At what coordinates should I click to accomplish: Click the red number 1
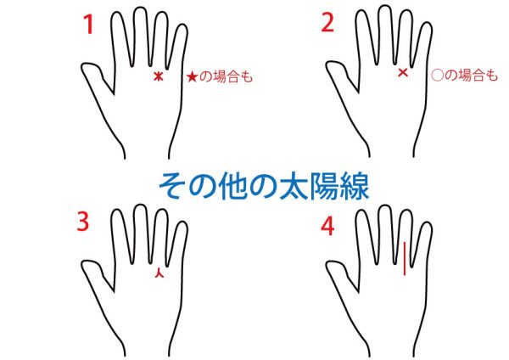[x=88, y=25]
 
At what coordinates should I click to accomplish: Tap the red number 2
[x=327, y=23]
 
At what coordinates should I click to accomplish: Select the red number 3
[x=83, y=222]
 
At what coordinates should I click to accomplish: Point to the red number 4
[x=327, y=227]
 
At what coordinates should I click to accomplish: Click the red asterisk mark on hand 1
[x=158, y=76]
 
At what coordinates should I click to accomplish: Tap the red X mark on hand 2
[x=403, y=72]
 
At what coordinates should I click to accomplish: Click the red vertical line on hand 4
[x=405, y=258]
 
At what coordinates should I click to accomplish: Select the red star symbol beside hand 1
[x=192, y=77]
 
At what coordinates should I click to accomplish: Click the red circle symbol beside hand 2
[x=437, y=76]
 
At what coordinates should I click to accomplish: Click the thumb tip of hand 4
[x=329, y=265]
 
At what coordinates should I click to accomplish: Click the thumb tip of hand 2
[x=329, y=66]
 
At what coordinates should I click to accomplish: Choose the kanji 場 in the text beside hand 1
[x=220, y=77]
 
